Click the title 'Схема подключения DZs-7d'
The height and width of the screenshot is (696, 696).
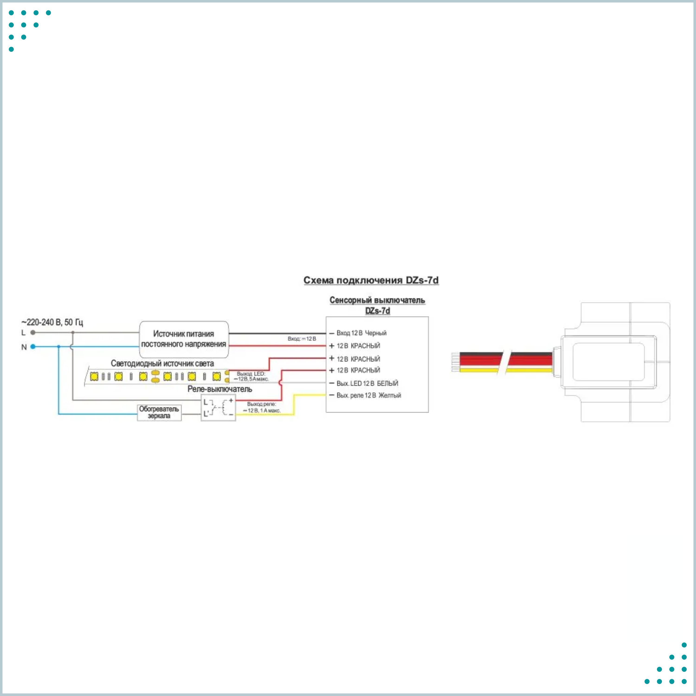pyautogui.click(x=371, y=280)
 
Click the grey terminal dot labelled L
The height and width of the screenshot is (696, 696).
pyautogui.click(x=33, y=332)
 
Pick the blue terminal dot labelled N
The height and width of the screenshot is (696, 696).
pyautogui.click(x=33, y=347)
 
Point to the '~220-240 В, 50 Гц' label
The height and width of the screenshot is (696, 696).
pyautogui.click(x=52, y=322)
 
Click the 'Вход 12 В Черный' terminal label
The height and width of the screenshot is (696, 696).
pyautogui.click(x=361, y=333)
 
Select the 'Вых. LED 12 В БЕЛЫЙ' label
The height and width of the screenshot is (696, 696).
pyautogui.click(x=367, y=383)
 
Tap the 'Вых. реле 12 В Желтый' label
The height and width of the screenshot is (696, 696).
pyautogui.click(x=369, y=395)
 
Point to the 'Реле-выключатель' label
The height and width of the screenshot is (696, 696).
pyautogui.click(x=220, y=389)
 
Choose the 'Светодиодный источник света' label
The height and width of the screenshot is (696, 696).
pyautogui.click(x=162, y=363)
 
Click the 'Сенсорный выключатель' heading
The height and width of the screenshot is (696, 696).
pyautogui.click(x=377, y=300)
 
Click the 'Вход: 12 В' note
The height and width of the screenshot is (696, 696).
pyautogui.click(x=302, y=339)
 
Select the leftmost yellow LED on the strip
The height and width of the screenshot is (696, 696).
pyautogui.click(x=94, y=377)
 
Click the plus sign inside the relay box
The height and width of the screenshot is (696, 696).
pyautogui.click(x=231, y=400)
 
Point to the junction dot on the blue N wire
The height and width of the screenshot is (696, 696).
pyautogui.click(x=59, y=347)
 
